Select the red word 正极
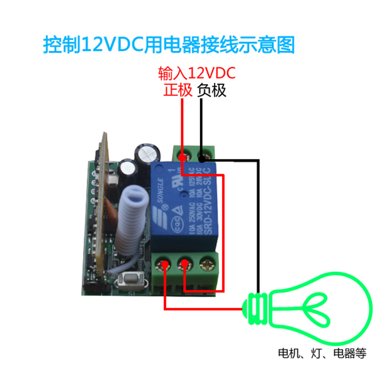(178, 90)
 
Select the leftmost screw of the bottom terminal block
(165, 264)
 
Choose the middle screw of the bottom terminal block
(185, 264)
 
